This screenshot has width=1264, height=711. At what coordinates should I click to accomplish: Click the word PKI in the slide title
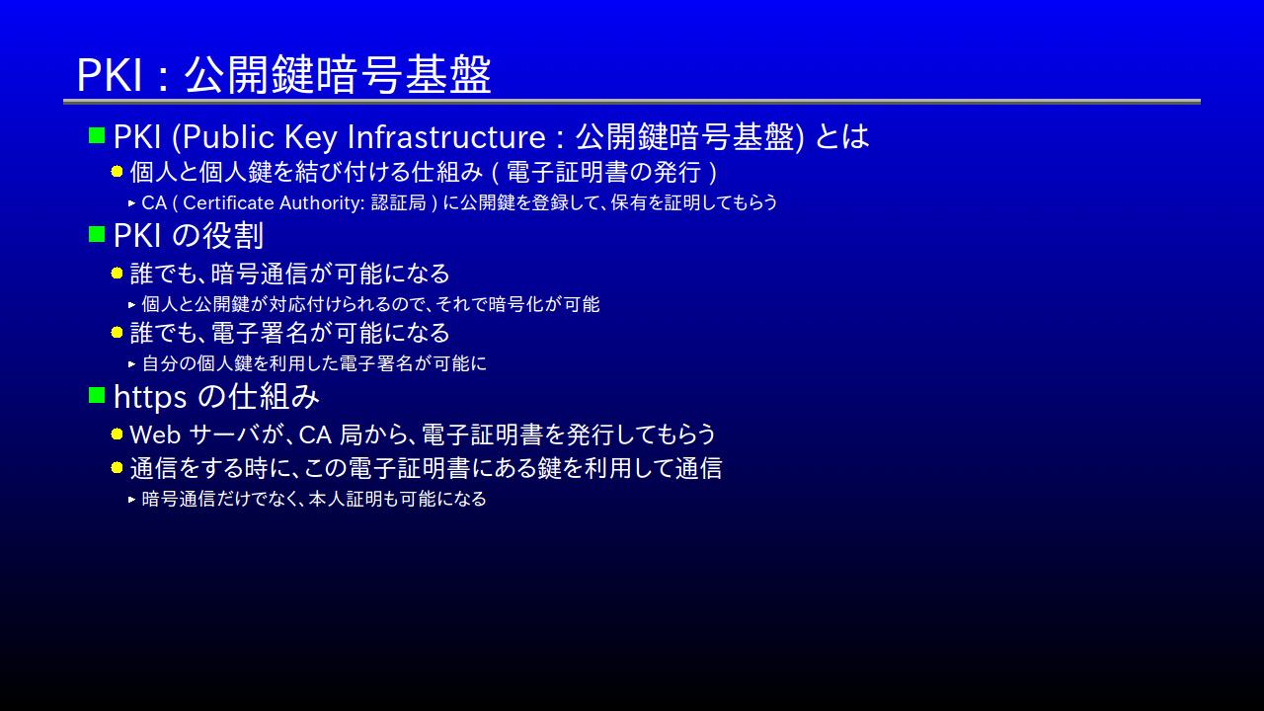pyautogui.click(x=109, y=74)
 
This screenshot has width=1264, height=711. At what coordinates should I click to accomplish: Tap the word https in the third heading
pyautogui.click(x=150, y=398)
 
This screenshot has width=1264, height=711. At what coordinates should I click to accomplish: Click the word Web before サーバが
pyautogui.click(x=155, y=435)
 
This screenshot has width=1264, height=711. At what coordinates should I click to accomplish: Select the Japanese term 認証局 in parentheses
pyautogui.click(x=398, y=203)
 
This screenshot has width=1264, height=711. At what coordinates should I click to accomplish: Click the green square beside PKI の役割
pyautogui.click(x=97, y=234)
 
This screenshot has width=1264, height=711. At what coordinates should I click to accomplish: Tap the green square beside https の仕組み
pyautogui.click(x=97, y=395)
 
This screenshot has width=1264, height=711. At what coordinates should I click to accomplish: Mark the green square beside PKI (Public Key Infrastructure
pyautogui.click(x=97, y=135)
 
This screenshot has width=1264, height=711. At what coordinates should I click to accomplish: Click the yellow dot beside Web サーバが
pyautogui.click(x=117, y=434)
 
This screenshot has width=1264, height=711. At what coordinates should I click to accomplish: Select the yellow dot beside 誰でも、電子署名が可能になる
pyautogui.click(x=117, y=333)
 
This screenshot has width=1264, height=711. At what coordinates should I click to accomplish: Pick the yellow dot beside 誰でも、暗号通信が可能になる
pyautogui.click(x=117, y=274)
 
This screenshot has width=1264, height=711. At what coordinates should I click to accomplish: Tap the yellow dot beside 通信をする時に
pyautogui.click(x=117, y=468)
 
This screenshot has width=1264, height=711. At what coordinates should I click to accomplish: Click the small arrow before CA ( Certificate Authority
pyautogui.click(x=132, y=203)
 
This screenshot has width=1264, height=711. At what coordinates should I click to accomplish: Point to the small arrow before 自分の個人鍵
pyautogui.click(x=132, y=364)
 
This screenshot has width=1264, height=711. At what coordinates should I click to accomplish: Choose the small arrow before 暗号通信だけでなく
pyautogui.click(x=132, y=500)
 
